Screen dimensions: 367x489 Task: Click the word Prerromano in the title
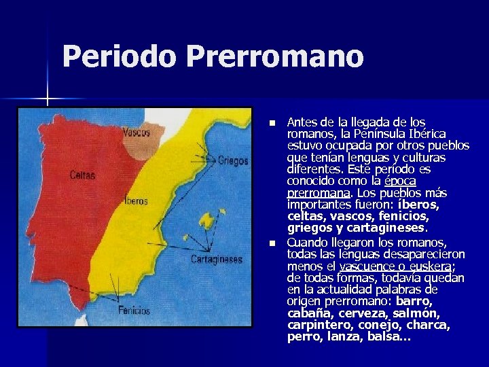pos(274,56)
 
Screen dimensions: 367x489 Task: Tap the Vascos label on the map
pos(137,133)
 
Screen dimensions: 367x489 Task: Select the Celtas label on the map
pos(82,175)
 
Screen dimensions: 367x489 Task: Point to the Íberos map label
pos(136,201)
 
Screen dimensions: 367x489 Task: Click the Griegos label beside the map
pos(233,161)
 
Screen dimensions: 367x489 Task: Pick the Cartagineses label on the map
pos(216,259)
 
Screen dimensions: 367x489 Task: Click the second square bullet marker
pos(272,243)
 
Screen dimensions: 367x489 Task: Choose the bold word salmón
pos(416,313)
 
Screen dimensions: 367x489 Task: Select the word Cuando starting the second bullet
pos(309,243)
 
